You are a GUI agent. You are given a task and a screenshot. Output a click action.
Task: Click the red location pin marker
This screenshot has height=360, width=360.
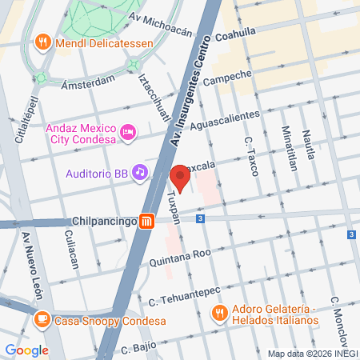(x=180, y=179)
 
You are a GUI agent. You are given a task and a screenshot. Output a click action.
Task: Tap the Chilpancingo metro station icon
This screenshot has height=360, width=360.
(x=146, y=222)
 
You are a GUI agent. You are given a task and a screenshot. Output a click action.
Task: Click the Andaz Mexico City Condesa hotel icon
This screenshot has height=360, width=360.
(x=126, y=132)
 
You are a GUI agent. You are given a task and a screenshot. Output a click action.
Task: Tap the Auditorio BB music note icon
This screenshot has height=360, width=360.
(x=140, y=171)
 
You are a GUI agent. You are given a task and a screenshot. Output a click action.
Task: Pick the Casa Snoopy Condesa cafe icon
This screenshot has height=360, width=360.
(x=41, y=321)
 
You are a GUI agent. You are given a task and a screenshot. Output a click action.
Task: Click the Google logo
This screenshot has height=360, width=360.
(x=27, y=350)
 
